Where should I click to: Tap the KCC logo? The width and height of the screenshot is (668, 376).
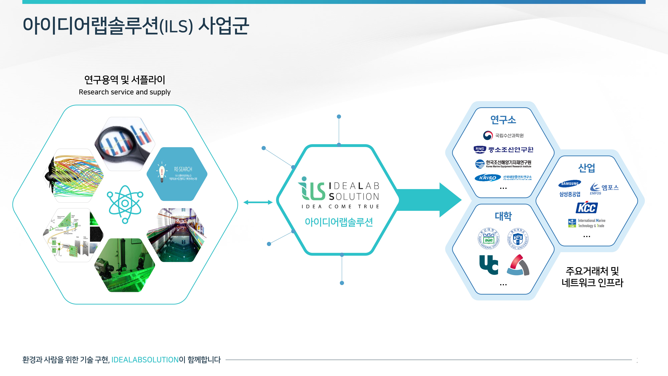(587, 208)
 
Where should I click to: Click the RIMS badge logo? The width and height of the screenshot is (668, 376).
(480, 149)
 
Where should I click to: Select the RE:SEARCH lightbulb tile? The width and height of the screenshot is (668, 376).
(177, 174)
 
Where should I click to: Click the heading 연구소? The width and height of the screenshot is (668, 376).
(503, 120)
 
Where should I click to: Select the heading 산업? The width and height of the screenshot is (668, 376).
(587, 168)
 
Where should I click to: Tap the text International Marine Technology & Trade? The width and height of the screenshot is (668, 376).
(591, 223)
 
